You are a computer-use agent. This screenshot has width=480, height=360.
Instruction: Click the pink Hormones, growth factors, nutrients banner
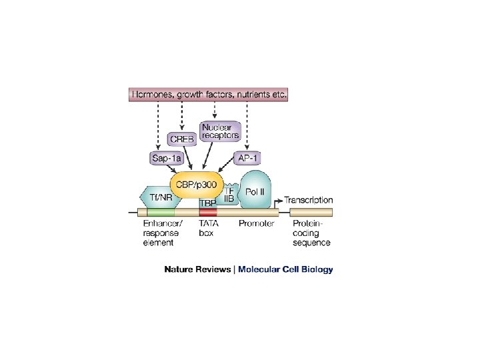(209, 95)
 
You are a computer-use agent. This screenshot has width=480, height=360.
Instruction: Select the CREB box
(182, 139)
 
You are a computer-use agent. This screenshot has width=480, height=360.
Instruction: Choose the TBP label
(207, 203)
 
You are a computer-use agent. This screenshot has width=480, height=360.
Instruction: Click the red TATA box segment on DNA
(207, 213)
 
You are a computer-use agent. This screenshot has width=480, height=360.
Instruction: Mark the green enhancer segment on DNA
(160, 213)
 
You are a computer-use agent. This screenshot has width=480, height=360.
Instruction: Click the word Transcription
(309, 199)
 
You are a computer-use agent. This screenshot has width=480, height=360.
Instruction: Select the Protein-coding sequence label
(311, 233)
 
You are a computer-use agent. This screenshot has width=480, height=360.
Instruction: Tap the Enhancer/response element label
(162, 233)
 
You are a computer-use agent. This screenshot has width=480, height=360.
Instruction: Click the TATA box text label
(209, 229)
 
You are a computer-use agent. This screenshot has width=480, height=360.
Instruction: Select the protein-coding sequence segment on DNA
(311, 213)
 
